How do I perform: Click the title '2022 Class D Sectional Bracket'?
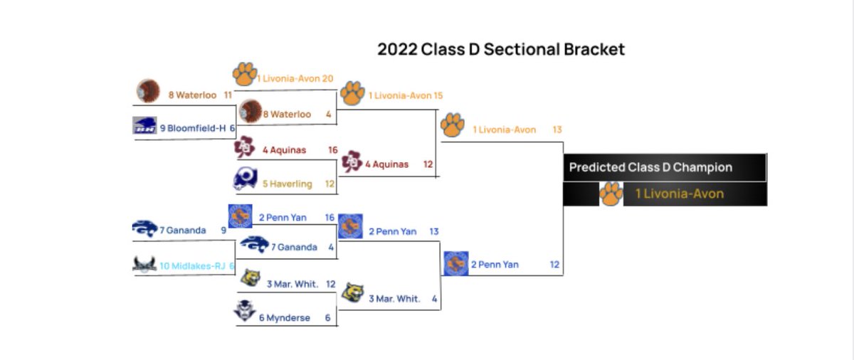point(501,49)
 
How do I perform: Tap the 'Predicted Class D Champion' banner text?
point(650,168)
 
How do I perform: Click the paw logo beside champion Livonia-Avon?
point(610,194)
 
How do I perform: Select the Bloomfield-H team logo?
point(145,125)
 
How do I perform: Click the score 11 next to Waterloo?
point(228,95)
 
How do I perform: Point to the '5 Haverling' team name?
point(287,184)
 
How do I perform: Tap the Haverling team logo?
point(245,179)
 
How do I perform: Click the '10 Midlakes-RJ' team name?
point(191,265)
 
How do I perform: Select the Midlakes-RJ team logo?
point(144,264)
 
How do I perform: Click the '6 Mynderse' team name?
point(284,317)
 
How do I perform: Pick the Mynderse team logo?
point(246,312)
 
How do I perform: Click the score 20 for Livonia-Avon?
point(327,78)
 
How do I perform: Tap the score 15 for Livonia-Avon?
point(438,95)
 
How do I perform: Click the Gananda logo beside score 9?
point(145,228)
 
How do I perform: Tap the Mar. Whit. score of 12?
point(330,284)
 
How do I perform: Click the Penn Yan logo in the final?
point(454,263)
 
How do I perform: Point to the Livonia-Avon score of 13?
point(557,129)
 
